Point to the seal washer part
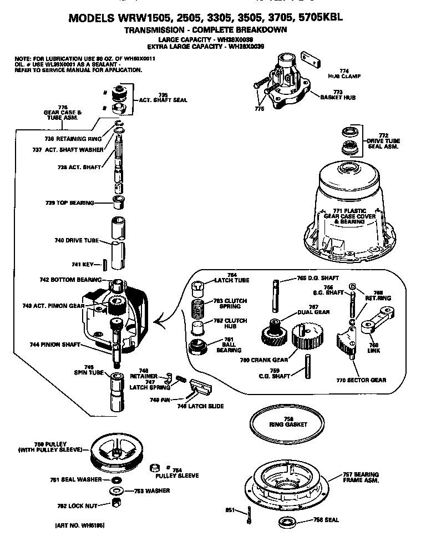(x=116, y=479)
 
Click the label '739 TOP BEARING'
(x=69, y=203)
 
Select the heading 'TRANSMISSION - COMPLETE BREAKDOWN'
(x=205, y=29)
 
